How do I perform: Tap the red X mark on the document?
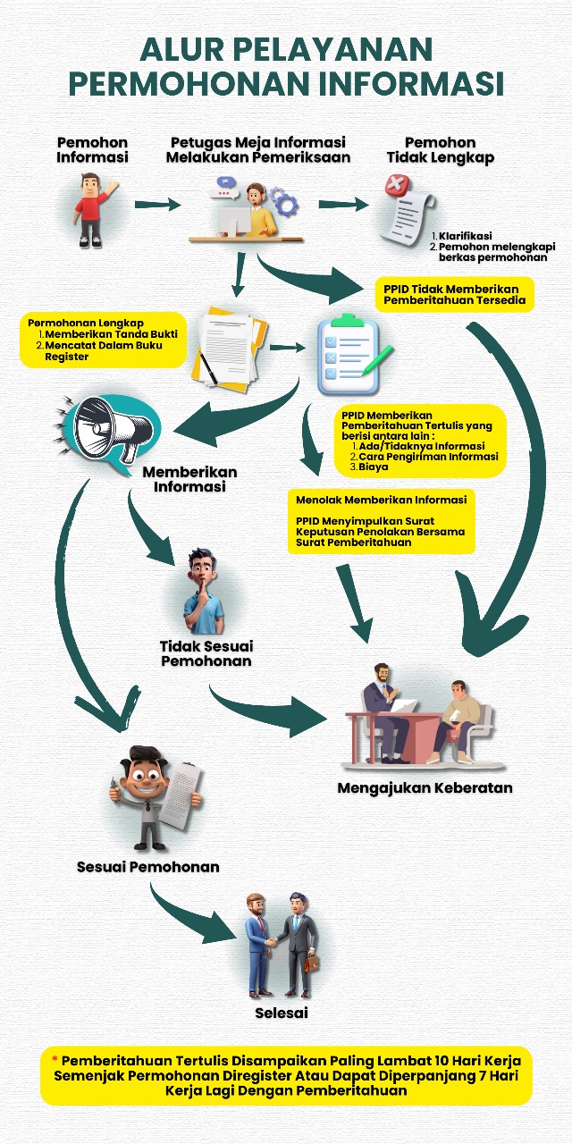coord(398,185)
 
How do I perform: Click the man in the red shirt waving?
coord(93,210)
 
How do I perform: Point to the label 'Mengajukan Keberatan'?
coord(425,787)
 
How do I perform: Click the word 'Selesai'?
coord(282,1013)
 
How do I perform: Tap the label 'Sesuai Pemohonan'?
coord(148,867)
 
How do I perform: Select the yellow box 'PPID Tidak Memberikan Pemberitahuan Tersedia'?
coord(455,295)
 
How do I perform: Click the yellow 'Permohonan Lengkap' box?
coord(103,340)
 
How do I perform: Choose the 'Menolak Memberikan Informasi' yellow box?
coord(382,521)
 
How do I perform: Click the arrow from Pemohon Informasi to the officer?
coord(158,205)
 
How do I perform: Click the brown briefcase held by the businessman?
coord(312,963)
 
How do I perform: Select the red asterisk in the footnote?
coord(55,1060)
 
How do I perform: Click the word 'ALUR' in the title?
coord(182,49)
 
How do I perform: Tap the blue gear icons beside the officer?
coord(283,201)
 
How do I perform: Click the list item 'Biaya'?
coord(374,467)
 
